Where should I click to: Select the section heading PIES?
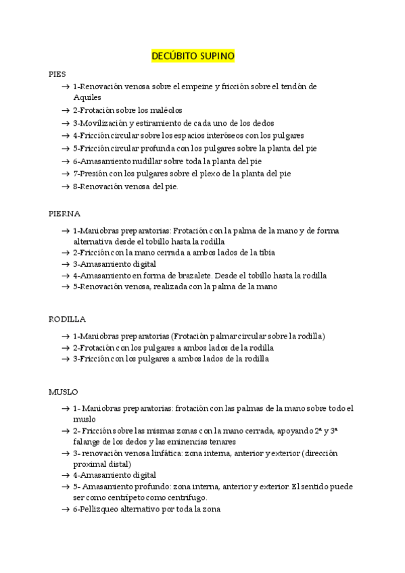click(57, 74)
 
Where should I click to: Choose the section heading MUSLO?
click(63, 391)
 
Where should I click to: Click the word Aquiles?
click(87, 97)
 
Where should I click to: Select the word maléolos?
click(166, 109)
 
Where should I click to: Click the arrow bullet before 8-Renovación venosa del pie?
click(64, 187)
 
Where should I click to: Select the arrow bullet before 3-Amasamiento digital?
click(64, 264)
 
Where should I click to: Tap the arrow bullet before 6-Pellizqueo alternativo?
click(64, 509)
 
